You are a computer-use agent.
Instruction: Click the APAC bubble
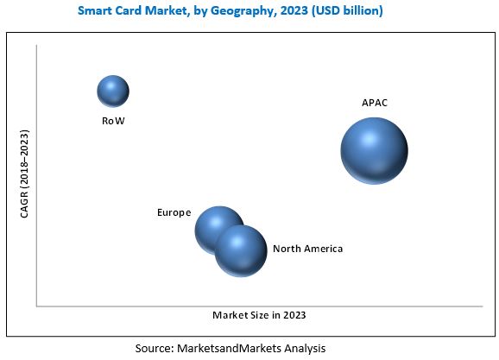click(373, 150)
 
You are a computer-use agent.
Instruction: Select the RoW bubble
click(113, 91)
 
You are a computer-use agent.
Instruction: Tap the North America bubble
click(241, 250)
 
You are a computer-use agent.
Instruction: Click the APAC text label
click(375, 103)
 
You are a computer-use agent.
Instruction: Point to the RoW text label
click(113, 121)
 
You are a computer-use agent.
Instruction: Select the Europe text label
click(174, 212)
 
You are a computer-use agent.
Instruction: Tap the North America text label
click(307, 249)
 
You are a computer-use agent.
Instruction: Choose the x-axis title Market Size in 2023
click(259, 315)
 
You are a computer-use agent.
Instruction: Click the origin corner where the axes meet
click(36, 306)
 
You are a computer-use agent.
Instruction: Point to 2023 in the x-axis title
click(293, 315)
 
